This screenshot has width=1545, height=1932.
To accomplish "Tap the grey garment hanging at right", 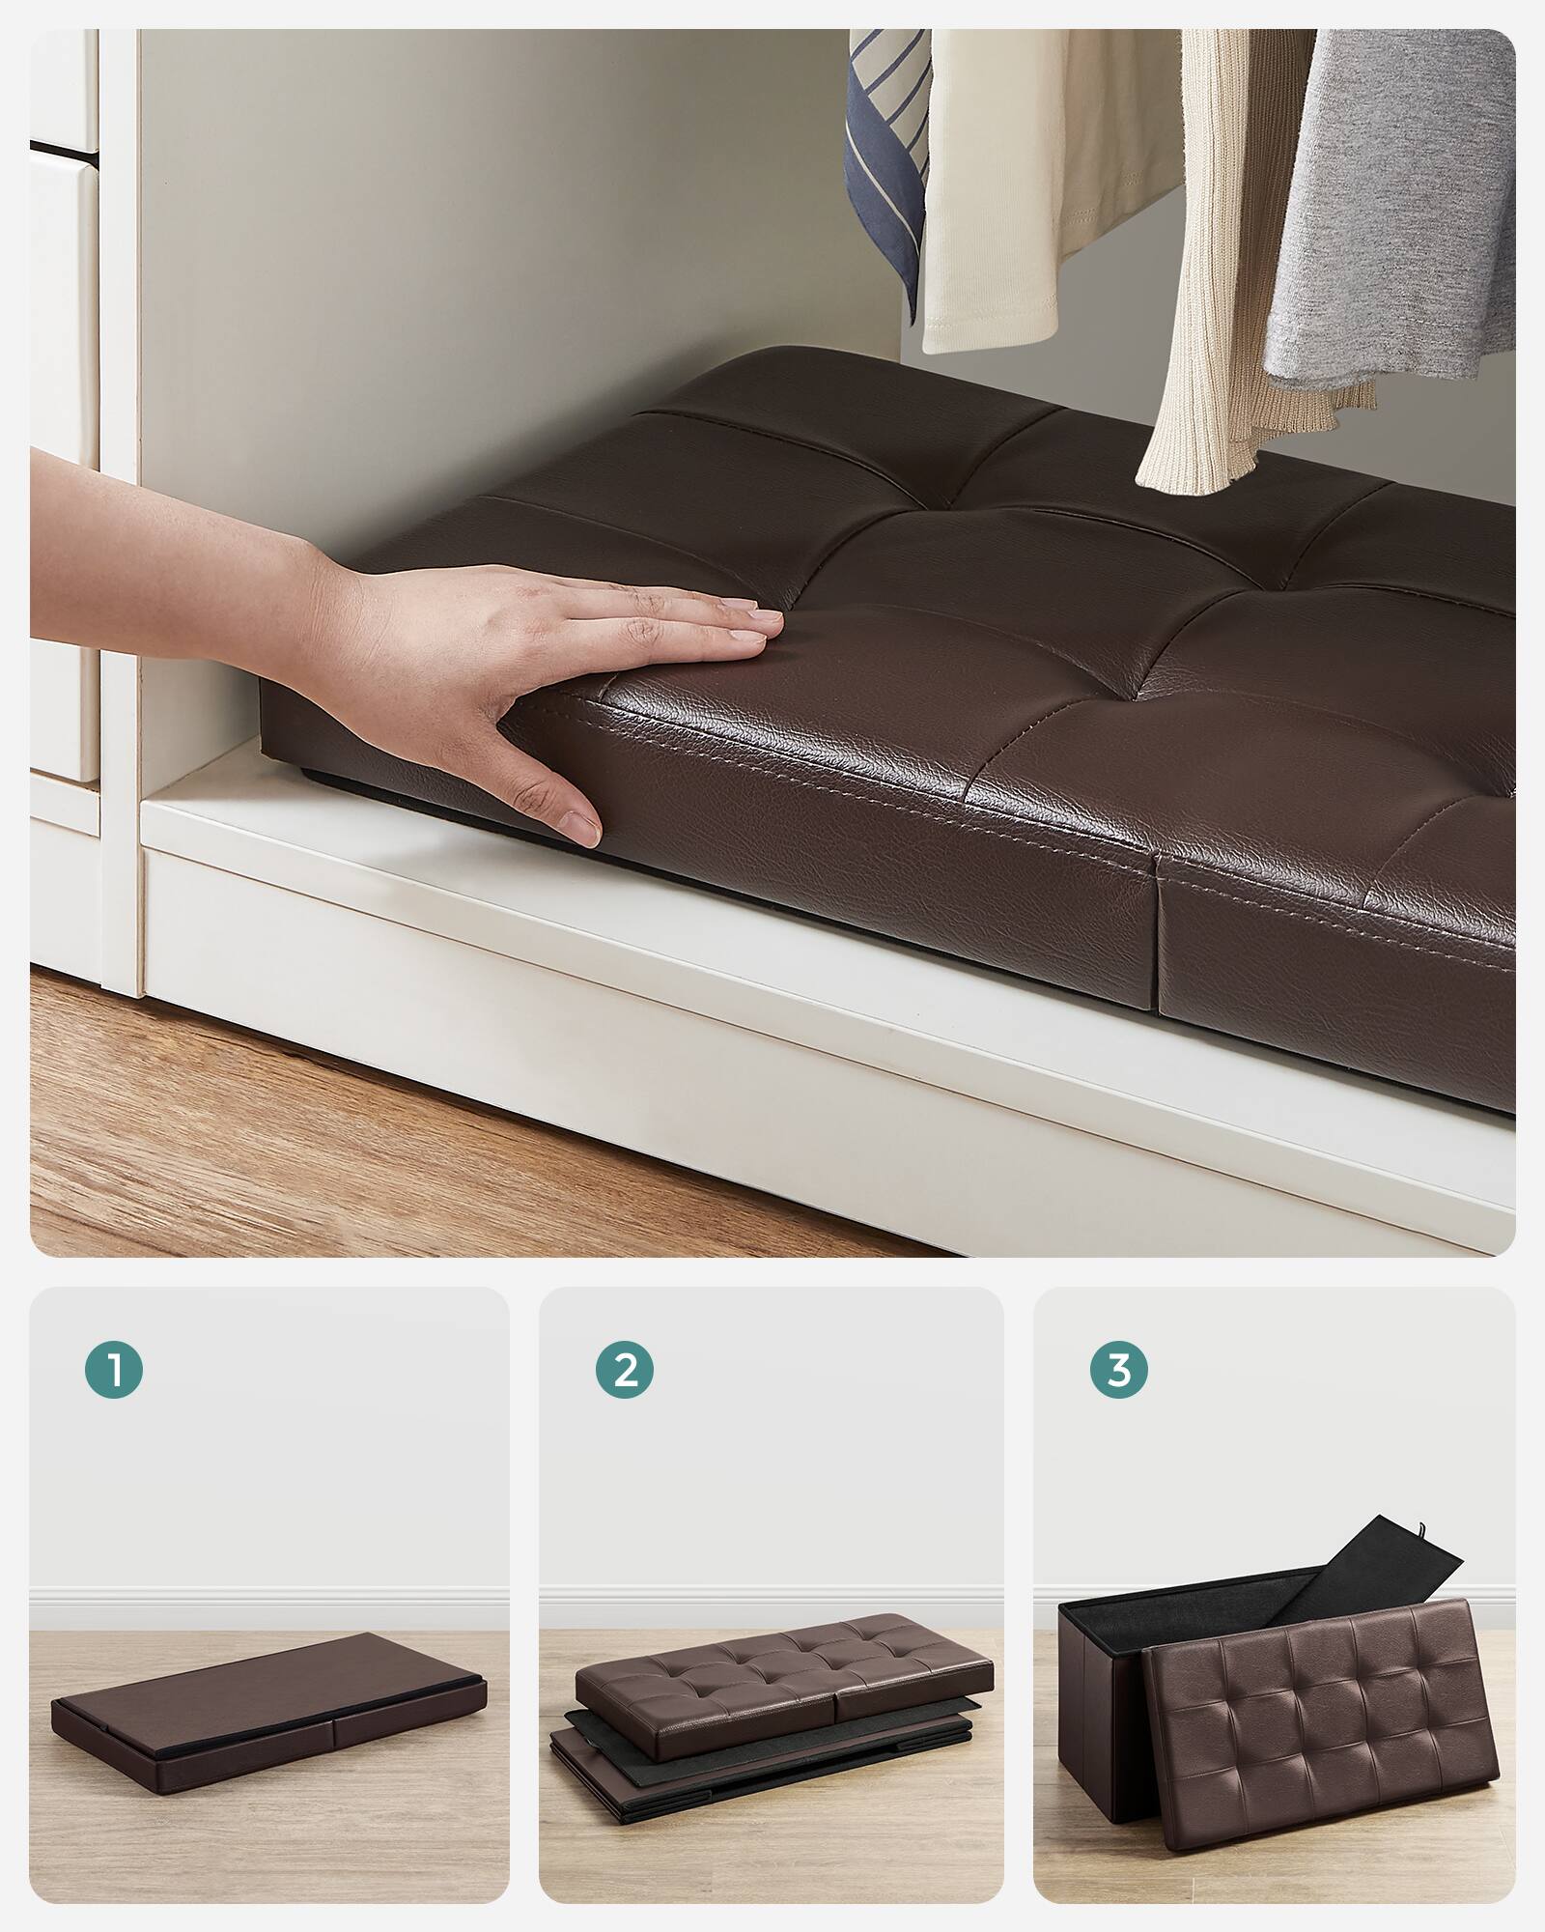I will (x=1400, y=193).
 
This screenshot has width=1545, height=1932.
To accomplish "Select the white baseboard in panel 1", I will (x=270, y=1608).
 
